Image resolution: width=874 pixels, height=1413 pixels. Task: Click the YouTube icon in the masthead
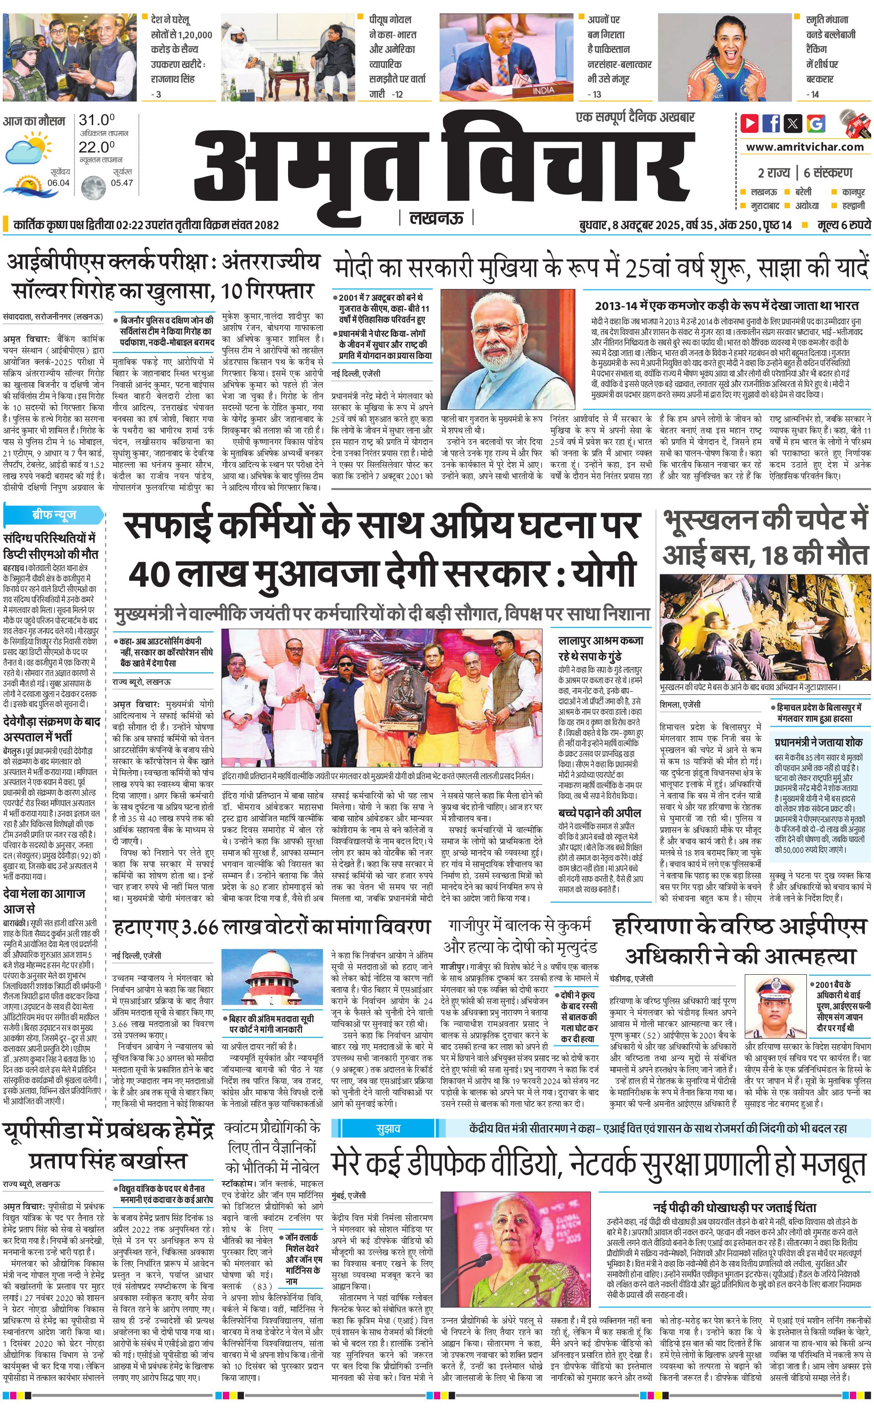(749, 123)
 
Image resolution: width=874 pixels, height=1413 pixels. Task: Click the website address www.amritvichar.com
(805, 147)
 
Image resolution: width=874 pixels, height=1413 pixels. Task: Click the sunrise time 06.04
(58, 183)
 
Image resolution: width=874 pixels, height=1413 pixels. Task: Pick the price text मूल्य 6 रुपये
(843, 225)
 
